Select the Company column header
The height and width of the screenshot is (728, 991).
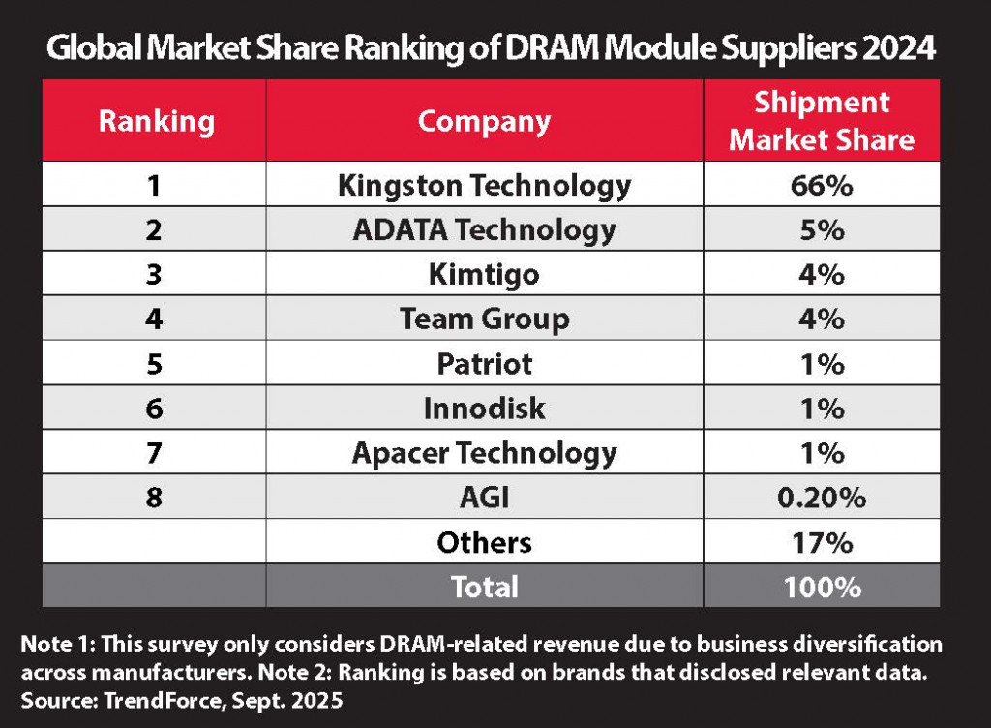(484, 121)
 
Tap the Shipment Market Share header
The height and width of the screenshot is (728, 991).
(821, 121)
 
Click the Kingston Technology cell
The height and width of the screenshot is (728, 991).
(484, 184)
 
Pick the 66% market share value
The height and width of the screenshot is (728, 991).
(821, 184)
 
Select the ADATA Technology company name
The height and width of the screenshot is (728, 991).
(484, 229)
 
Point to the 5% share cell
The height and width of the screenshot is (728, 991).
(821, 229)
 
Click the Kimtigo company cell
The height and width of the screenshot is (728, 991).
(484, 274)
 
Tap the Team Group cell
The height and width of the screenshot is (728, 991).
(484, 318)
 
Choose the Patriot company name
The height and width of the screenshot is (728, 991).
(484, 363)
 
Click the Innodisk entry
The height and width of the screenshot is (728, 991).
(484, 408)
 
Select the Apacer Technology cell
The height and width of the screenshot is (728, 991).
(484, 452)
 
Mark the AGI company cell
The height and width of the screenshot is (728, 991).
(484, 498)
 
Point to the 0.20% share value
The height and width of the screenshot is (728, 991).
(821, 498)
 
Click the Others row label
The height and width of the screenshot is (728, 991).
(484, 542)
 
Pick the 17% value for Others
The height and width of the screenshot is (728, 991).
(821, 542)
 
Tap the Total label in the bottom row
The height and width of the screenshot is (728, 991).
(484, 587)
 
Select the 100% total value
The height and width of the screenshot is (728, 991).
(821, 587)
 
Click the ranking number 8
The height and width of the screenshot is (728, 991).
(155, 498)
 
